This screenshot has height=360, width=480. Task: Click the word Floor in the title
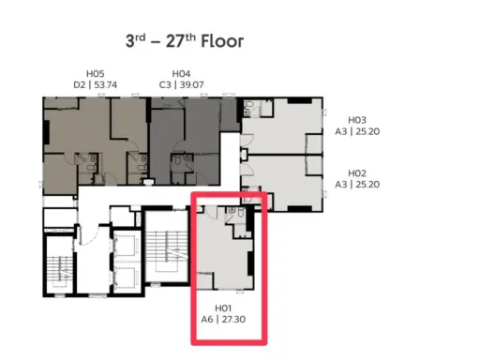222,41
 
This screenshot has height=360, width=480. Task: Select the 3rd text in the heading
136,40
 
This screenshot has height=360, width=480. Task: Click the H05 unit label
96,74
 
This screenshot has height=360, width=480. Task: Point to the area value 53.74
105,84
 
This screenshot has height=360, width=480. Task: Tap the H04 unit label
181,74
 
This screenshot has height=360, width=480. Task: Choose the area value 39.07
191,84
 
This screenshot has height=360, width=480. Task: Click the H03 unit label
357,120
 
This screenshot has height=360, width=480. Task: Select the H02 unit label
357,173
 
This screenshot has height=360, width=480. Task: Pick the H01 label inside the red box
223,308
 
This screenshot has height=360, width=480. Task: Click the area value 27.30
233,319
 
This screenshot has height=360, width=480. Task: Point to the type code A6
207,319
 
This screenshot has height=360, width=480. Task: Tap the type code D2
79,84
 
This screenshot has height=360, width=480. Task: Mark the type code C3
165,84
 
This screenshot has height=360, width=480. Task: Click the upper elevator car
126,247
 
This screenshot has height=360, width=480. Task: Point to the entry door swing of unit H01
211,212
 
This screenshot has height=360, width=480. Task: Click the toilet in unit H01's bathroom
241,213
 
